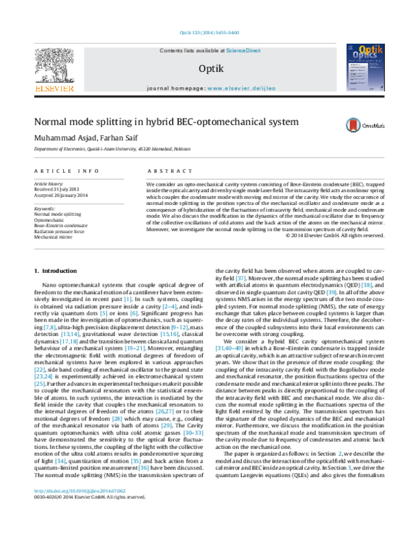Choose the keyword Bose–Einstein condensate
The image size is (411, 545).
click(x=61, y=225)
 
